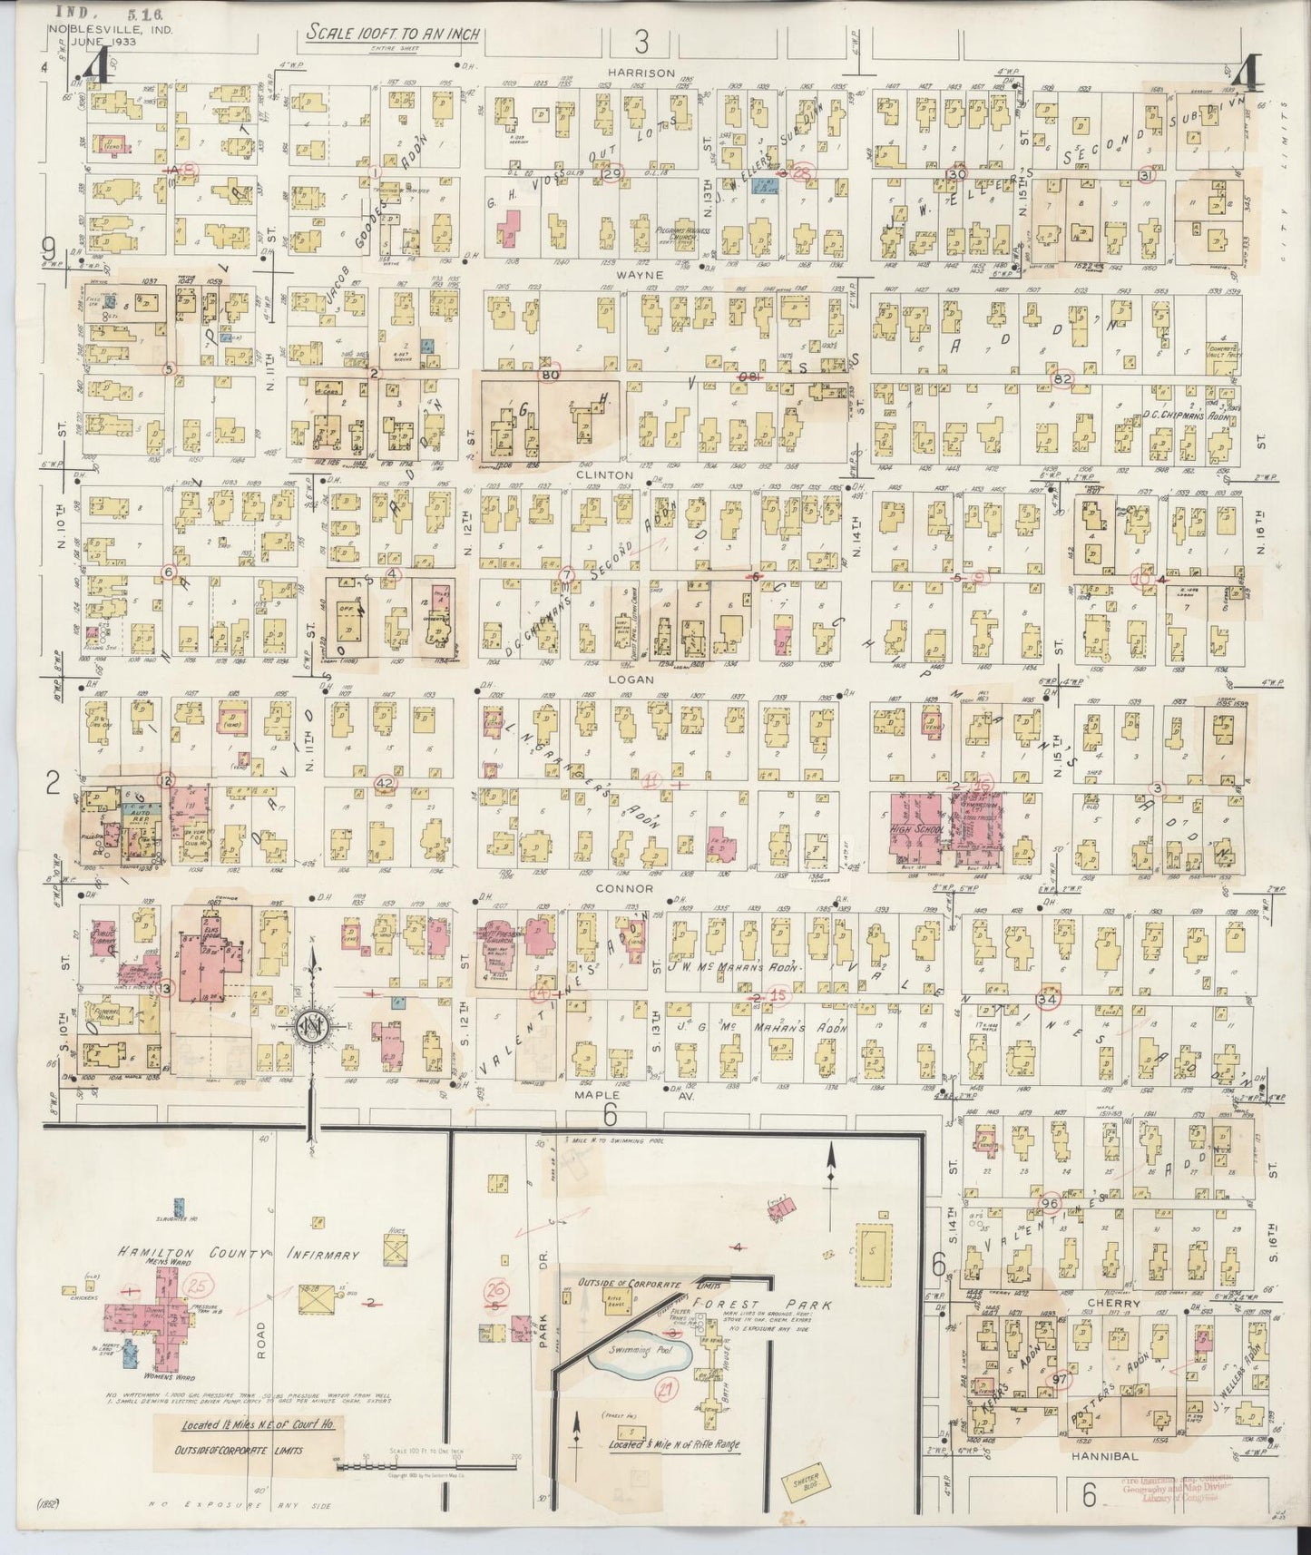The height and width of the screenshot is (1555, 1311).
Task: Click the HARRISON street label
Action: [642, 73]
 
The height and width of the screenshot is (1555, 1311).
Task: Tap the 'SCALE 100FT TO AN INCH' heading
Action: [392, 34]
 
